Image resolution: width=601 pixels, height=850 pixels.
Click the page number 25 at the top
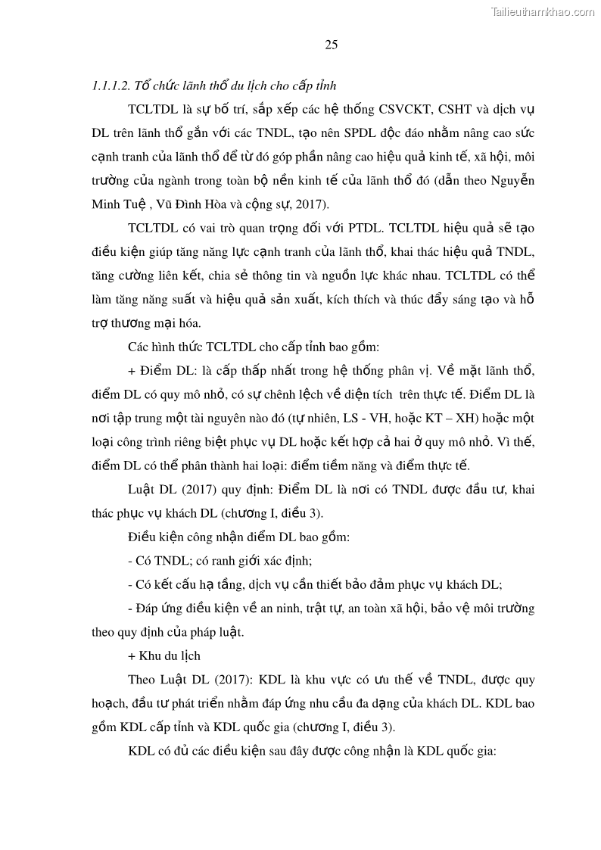point(332,45)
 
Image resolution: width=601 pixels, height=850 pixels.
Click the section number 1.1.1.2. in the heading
point(111,86)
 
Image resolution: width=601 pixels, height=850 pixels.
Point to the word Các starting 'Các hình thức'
point(139,347)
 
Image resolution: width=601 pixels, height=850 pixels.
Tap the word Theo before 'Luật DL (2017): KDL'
point(142,680)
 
